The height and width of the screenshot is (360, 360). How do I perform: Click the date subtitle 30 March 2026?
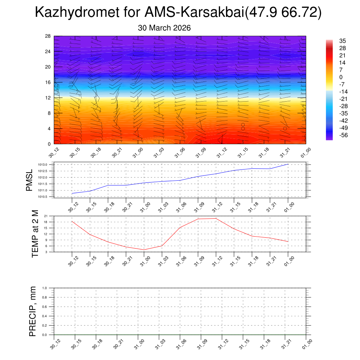click(164, 28)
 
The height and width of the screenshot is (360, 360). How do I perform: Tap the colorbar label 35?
click(342, 41)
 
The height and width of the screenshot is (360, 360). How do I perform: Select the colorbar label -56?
click(341, 135)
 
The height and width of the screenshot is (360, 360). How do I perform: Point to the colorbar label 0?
click(341, 77)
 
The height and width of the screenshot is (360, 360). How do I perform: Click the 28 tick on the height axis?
click(48, 36)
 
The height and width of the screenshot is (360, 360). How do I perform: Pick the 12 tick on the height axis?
click(48, 98)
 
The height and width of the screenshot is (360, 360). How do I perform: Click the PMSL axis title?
click(29, 180)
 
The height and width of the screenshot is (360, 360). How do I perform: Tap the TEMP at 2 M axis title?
click(35, 234)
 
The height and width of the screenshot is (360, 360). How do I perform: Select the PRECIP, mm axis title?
click(33, 311)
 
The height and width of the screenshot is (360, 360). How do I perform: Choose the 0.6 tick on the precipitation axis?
click(45, 307)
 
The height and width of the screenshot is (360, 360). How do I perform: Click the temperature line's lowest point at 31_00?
click(144, 250)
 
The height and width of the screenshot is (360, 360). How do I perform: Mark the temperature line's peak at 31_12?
click(216, 218)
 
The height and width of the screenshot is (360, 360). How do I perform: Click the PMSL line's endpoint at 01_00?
click(288, 164)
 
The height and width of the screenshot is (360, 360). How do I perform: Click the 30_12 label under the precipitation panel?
click(54, 344)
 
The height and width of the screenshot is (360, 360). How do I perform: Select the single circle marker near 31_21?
click(285, 128)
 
